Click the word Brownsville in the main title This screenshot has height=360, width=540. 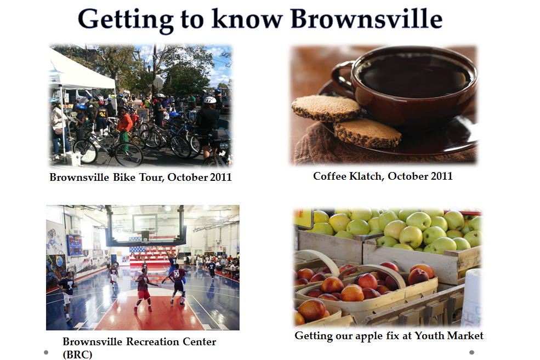[366, 19]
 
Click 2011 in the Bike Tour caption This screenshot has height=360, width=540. [221, 177]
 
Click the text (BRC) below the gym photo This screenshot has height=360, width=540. [77, 354]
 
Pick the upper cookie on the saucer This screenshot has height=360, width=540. [326, 108]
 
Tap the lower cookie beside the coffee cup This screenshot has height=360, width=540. [367, 133]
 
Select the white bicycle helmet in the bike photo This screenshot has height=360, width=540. [210, 100]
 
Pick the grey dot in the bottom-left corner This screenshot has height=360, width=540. [46, 352]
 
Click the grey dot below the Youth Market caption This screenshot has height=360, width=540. [472, 352]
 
